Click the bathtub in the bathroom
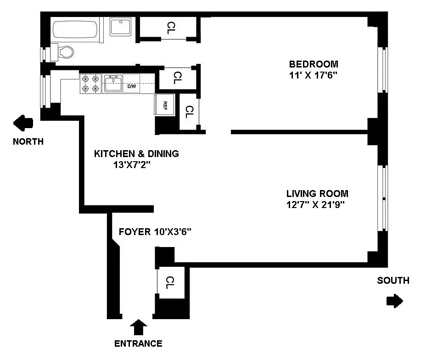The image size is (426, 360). [75, 29]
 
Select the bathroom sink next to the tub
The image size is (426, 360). [121, 27]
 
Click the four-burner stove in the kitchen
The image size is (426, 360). [90, 84]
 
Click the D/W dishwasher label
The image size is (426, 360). [132, 86]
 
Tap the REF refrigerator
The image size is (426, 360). [164, 105]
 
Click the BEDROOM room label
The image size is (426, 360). [314, 64]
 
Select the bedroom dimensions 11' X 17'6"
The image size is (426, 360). [313, 75]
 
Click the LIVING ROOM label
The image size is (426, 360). [317, 194]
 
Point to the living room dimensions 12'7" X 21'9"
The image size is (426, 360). [315, 204]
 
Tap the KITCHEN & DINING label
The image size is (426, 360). [136, 154]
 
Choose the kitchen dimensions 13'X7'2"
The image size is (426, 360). [132, 165]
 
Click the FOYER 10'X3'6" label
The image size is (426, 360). [155, 232]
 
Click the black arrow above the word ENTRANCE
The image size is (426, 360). [139, 327]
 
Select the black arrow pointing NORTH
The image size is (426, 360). [23, 123]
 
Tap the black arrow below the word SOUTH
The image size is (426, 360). [394, 301]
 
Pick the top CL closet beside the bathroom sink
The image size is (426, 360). [170, 28]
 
